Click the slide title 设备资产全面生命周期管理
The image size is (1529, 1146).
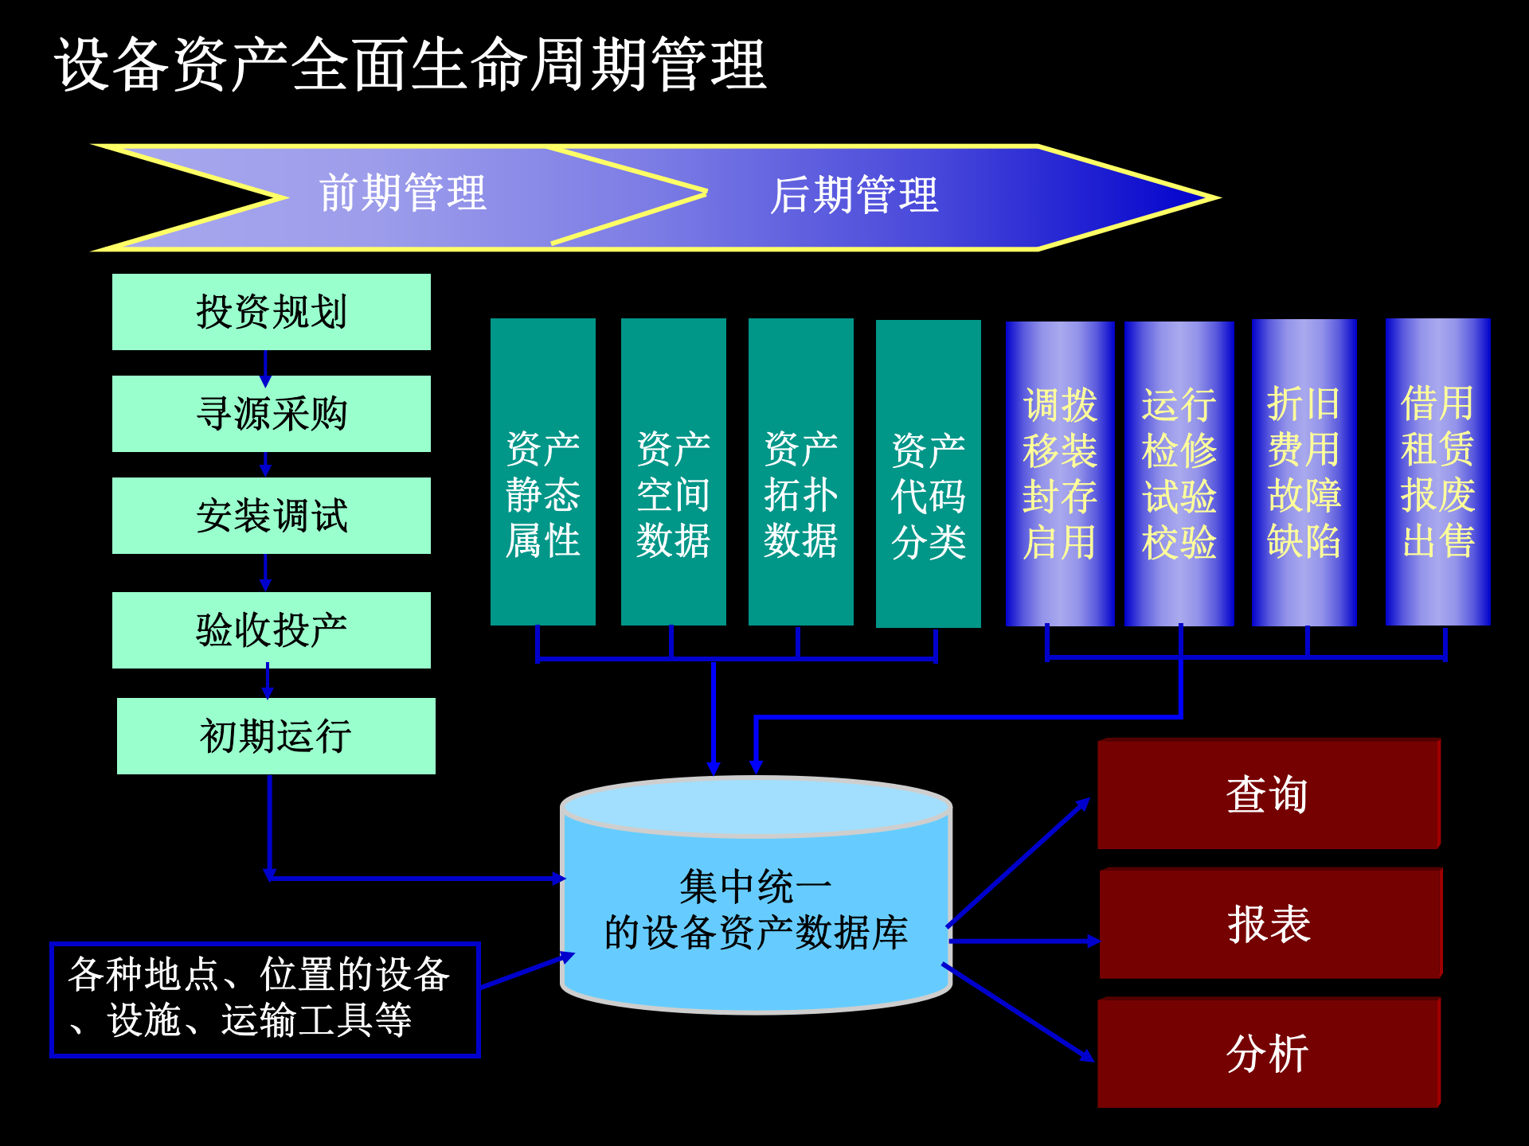410,64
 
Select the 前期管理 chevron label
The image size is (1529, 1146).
403,194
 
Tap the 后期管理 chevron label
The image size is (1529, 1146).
854,196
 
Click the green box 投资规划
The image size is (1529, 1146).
272,312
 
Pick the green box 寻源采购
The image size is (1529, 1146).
272,414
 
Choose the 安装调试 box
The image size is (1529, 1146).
272,516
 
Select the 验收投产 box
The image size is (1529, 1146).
272,630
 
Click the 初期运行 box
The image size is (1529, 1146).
276,736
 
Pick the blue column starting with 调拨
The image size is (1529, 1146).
1060,474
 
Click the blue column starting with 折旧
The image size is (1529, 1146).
1304,473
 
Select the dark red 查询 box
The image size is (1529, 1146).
1269,794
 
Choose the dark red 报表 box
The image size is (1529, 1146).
1271,924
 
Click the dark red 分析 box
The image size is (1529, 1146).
1269,1053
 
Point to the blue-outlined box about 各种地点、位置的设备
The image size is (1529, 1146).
264,1000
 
